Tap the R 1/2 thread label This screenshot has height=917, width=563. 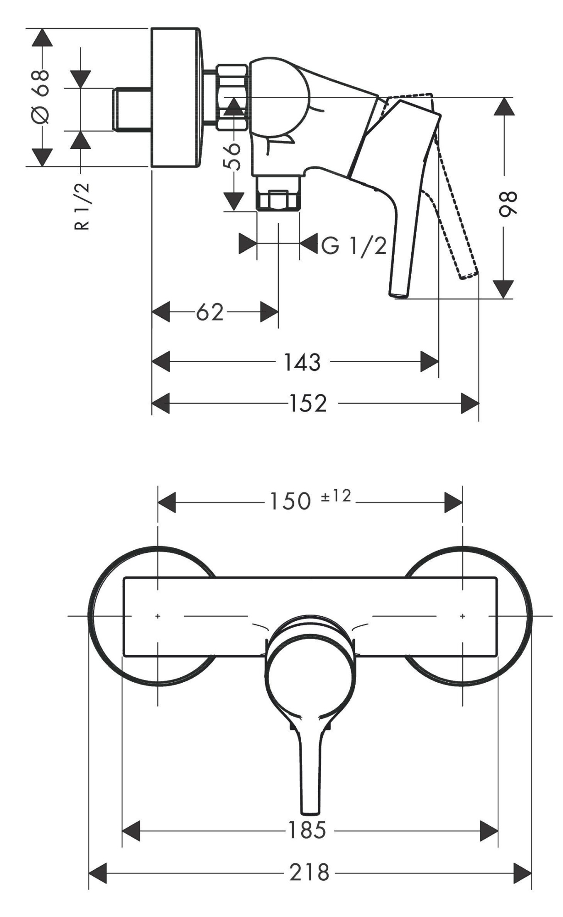pos(82,206)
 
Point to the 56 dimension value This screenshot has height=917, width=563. pos(233,156)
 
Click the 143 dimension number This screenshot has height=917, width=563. pos(302,363)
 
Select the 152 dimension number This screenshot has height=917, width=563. pos(308,404)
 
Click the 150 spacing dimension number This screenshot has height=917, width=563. pos(290,502)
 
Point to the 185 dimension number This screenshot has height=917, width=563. pos(307,830)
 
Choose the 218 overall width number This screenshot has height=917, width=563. pos(309,873)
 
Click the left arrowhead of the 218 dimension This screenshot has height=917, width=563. pos(97,873)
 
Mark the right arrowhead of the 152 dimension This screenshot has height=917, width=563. pos(470,403)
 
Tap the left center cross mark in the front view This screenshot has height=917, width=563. pos(158,616)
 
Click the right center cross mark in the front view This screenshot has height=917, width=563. pos(462,616)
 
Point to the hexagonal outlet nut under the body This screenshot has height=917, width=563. pos(278,199)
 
